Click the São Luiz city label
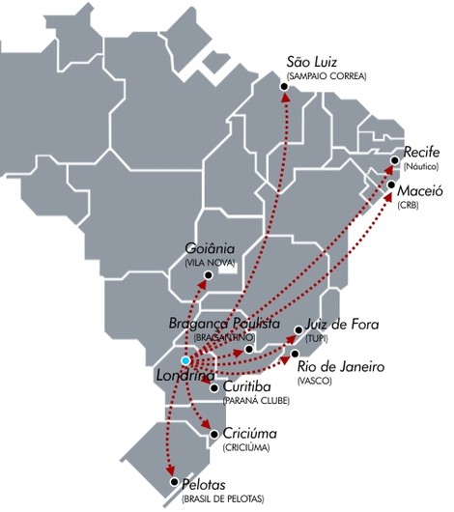point(312,62)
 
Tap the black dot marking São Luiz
point(284,88)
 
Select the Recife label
point(422,153)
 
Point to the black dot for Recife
point(396,160)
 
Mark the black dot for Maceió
point(390,185)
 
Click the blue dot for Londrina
point(184,360)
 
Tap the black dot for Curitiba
point(213,388)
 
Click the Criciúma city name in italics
point(249,434)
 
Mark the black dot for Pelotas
point(172,482)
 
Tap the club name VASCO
point(317,381)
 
